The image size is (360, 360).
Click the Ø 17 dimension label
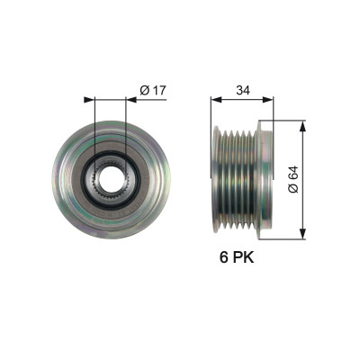pos(153,90)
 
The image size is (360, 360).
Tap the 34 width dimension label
pos(243,90)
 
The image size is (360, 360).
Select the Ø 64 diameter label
pos(293,179)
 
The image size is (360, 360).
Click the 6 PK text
pos(237,257)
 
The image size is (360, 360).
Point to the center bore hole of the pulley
pos(110,180)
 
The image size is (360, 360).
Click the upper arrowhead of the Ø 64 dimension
pos(302,126)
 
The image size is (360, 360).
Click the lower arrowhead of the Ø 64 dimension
pos(302,233)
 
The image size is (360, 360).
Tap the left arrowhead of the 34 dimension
pos(216,100)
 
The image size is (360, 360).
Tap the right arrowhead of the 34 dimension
pos(268,100)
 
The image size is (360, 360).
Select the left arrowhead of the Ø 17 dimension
pos(89,100)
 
